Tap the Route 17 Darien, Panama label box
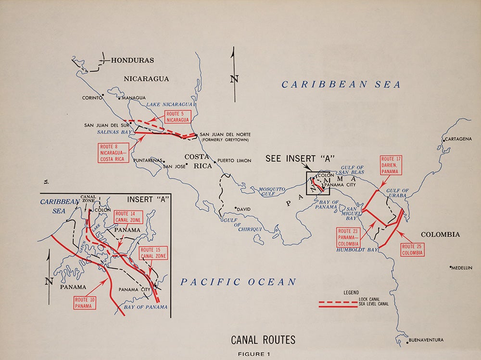click(x=390, y=165)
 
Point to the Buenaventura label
click(x=426, y=340)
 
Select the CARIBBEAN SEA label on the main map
click(x=341, y=85)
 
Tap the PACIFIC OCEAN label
click(x=238, y=282)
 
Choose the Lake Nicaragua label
click(x=169, y=104)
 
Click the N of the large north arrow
click(x=234, y=78)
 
